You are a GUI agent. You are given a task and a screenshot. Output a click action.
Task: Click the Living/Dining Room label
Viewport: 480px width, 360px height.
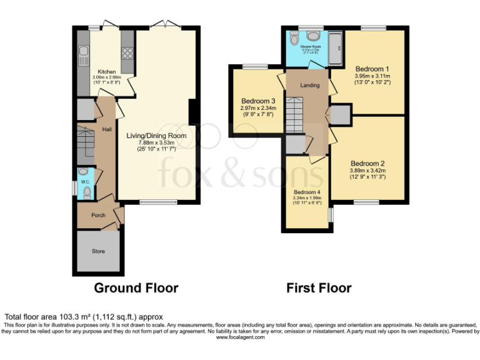[156, 136]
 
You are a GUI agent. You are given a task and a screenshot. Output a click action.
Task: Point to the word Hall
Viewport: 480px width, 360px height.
[107, 129]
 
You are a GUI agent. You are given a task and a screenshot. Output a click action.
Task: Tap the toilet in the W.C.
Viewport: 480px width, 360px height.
[87, 192]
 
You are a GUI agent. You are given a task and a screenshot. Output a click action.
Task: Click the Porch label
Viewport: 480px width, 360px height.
[98, 215]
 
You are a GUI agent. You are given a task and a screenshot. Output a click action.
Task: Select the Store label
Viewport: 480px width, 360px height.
[98, 251]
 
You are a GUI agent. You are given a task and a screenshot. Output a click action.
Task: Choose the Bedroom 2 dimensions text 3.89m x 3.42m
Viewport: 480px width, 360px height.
[368, 171]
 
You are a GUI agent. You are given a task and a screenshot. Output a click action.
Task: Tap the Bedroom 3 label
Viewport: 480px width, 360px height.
[258, 101]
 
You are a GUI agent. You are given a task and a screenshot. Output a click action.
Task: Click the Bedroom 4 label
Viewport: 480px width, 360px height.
[306, 192]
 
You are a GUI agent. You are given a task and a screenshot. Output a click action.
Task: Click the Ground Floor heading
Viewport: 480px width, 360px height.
[136, 288]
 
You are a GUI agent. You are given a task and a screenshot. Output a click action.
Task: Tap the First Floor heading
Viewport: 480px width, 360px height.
[319, 288]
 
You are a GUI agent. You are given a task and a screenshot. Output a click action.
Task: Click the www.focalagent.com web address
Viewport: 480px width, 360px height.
[241, 337]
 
